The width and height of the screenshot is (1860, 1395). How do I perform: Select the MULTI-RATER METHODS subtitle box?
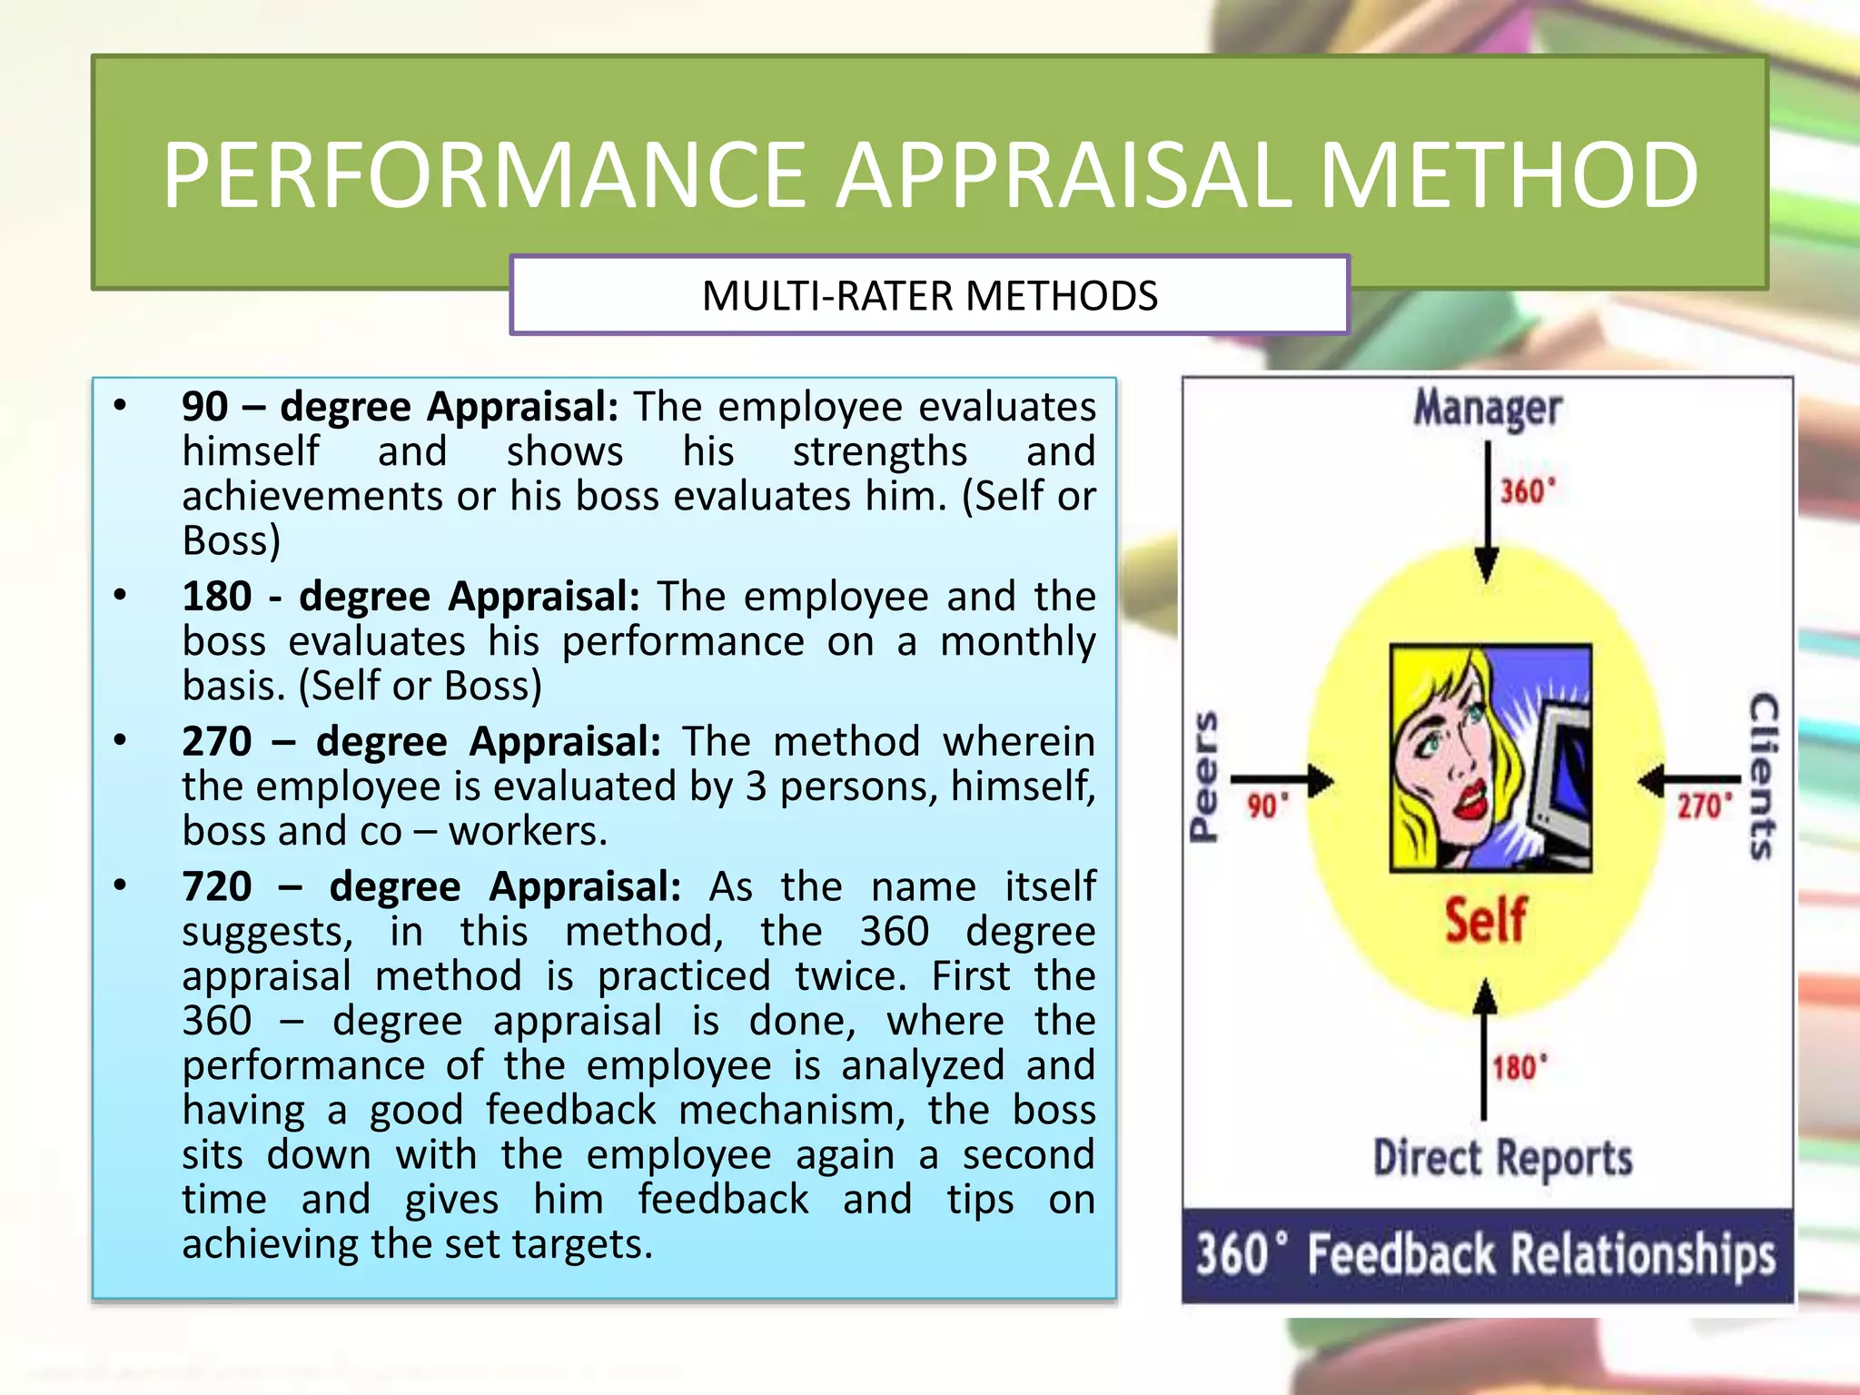(929, 296)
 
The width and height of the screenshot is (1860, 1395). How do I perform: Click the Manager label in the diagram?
(1487, 409)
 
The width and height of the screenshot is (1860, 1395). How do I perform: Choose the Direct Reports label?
(1502, 1159)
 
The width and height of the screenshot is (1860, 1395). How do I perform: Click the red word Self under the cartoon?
(1486, 919)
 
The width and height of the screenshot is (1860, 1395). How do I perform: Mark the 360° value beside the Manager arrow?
(1528, 492)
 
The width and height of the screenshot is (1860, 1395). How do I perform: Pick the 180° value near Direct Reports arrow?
(1519, 1068)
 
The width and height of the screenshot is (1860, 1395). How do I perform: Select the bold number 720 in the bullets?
(217, 886)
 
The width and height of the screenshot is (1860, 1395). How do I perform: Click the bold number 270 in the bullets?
(217, 742)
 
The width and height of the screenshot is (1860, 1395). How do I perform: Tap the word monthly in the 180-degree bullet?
(1017, 642)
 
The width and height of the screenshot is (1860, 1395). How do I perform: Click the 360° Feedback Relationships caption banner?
(1487, 1255)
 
